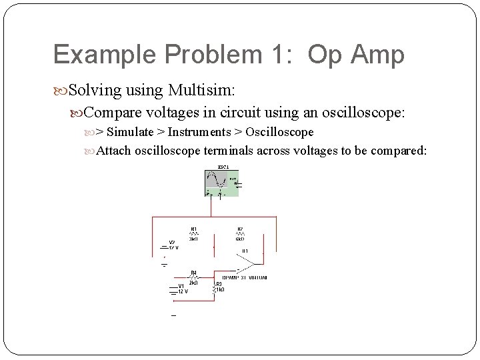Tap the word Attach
114,151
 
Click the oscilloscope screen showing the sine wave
217,179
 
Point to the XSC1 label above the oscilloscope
223,166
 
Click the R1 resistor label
194,229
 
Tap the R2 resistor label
240,229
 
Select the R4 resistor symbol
193,277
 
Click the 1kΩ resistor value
219,290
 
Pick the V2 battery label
172,242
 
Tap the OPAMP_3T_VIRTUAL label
245,277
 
